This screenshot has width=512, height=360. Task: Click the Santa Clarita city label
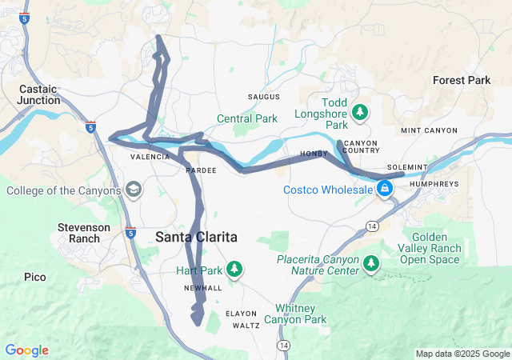click(x=197, y=237)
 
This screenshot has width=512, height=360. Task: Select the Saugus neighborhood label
click(x=264, y=97)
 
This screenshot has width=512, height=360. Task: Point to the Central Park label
click(x=247, y=119)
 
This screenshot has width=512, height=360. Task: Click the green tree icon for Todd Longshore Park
click(x=360, y=111)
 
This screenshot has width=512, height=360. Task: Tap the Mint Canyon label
click(x=429, y=130)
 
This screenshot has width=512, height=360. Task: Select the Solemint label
click(x=407, y=167)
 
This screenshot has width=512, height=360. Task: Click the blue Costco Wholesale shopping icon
click(x=385, y=189)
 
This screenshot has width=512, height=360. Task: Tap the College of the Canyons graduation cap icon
click(x=133, y=190)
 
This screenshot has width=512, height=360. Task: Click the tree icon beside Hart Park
click(x=235, y=270)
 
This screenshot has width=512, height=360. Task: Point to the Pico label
click(x=34, y=277)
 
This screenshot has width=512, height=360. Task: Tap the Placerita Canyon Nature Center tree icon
click(x=371, y=262)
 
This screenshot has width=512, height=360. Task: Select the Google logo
click(x=27, y=350)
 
